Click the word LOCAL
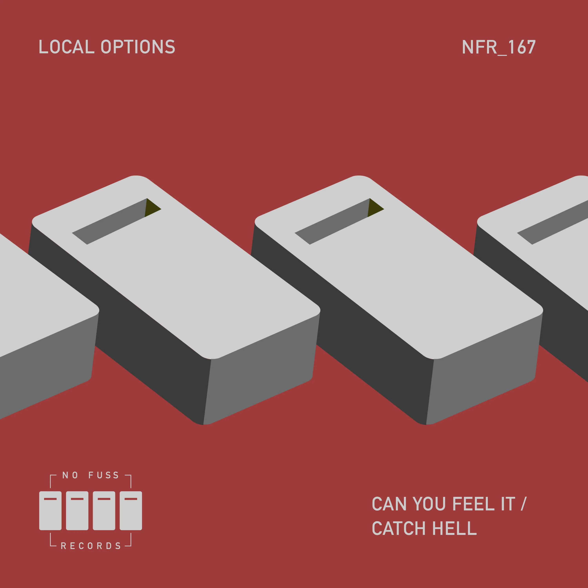[x=67, y=47]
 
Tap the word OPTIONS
[x=138, y=47]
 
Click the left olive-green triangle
[x=152, y=208]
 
